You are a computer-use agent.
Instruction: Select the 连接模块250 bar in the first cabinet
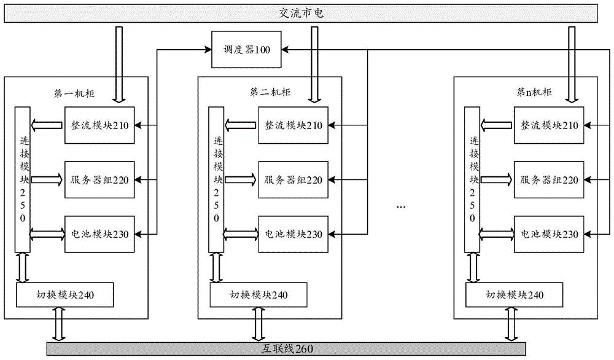23,178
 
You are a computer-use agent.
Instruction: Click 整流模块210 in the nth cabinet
550,125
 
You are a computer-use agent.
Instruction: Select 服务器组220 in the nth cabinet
550,180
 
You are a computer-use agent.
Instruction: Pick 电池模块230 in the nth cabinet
550,233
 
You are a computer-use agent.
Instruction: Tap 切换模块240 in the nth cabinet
513,295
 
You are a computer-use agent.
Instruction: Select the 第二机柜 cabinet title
270,92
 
